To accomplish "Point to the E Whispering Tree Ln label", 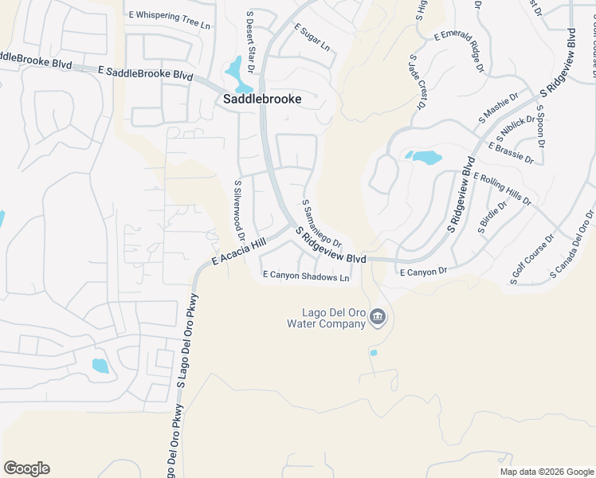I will tap(171, 15).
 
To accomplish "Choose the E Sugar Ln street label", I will tap(312, 37).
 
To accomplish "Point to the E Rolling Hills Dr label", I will tap(502, 190).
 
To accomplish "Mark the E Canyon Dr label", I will tap(423, 272).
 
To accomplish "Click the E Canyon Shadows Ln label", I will tap(307, 277).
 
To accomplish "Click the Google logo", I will tap(26, 468).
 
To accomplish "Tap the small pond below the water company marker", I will tap(374, 352).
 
